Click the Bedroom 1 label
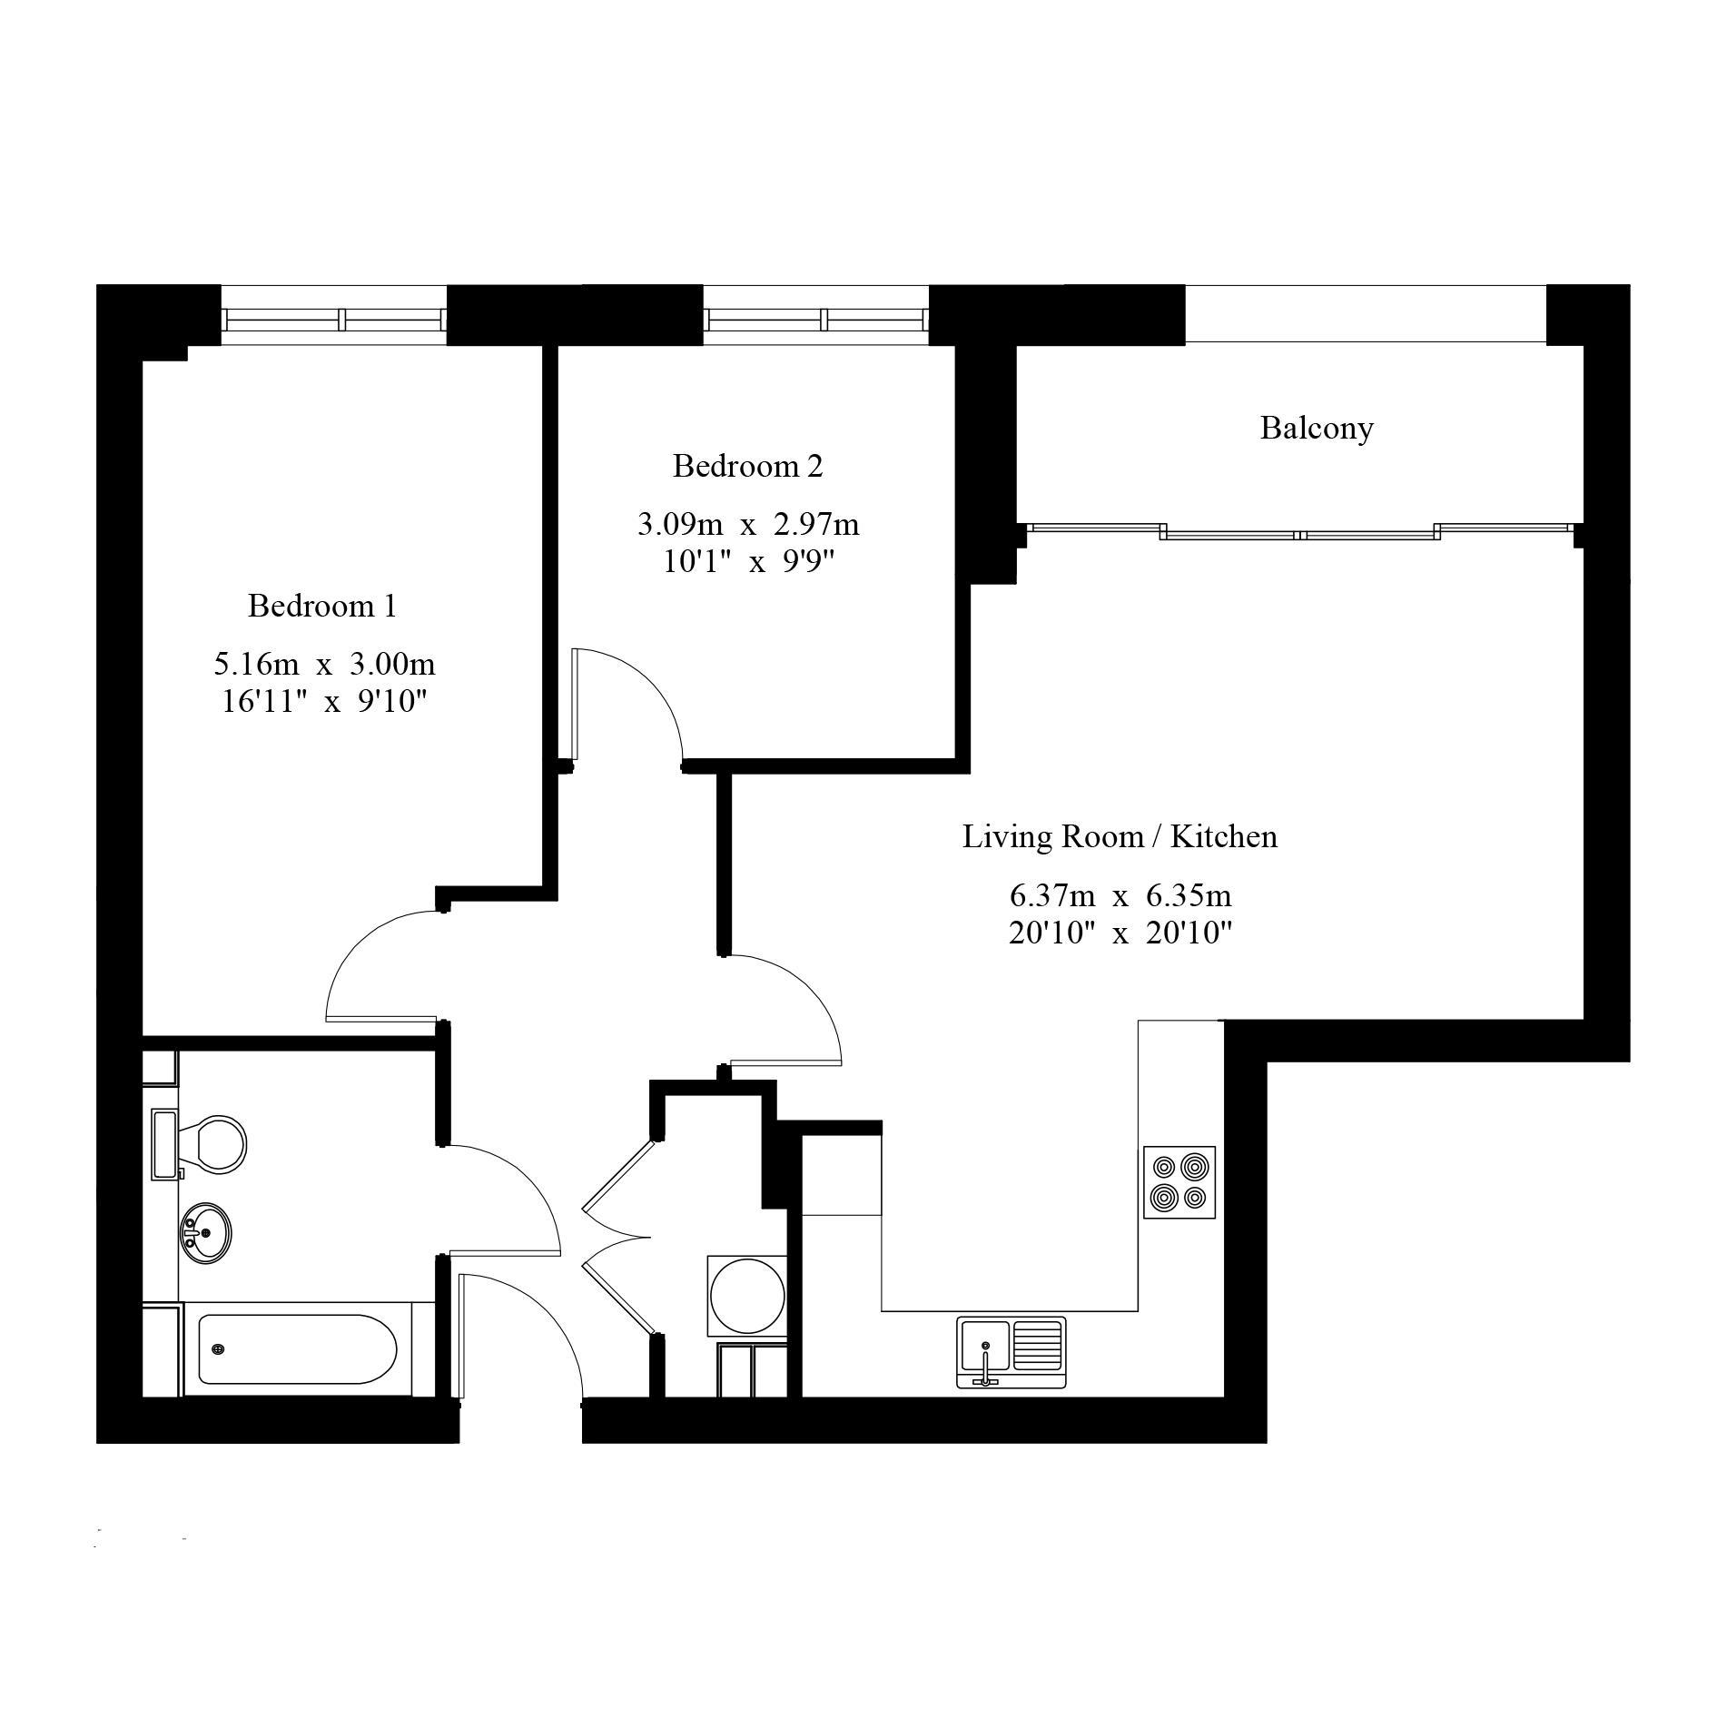coord(322,606)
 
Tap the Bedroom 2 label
coord(747,466)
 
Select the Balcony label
coord(1316,428)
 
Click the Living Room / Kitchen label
coord(1120,836)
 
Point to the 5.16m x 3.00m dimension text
coord(324,665)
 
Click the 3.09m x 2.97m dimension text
coord(747,525)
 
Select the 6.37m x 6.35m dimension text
coord(1120,896)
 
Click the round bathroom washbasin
coord(206,1233)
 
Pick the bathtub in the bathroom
coord(297,1349)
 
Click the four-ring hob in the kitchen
coord(1179,1181)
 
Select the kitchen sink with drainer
coord(1011,1352)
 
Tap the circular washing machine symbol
coord(746,1295)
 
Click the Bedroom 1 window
coord(334,319)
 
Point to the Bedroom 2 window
coord(816,319)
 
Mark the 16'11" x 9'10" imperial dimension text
coord(324,702)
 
